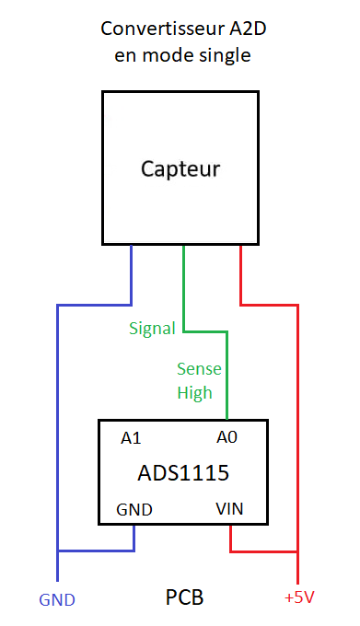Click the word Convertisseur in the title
162,29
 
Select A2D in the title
248,29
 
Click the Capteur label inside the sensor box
180,168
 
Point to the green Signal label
152,329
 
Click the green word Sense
199,368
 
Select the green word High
194,393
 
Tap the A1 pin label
131,438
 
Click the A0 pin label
226,437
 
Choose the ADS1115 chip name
183,472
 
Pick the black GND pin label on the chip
134,510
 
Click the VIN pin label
229,509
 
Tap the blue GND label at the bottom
57,600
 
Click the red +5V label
299,597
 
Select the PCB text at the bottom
184,597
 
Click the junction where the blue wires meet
58,551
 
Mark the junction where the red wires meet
297,551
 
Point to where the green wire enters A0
227,419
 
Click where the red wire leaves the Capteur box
240,245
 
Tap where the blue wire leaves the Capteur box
131,245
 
